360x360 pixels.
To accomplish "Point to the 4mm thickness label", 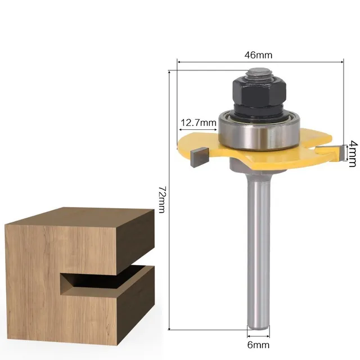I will [353, 153].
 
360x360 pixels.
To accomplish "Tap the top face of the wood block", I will [84, 217].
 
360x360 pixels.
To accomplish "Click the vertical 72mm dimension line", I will [169, 253].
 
